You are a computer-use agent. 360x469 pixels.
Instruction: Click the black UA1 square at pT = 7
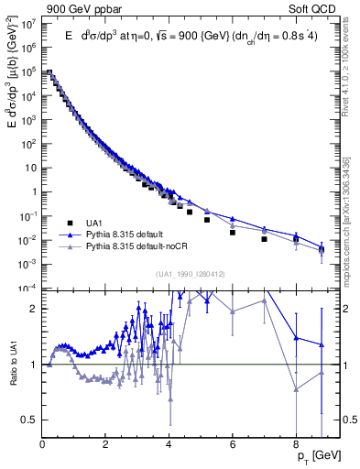click(264, 239)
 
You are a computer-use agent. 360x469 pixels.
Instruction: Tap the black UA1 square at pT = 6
click(233, 232)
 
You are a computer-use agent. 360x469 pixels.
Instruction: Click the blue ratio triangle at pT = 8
click(296, 337)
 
